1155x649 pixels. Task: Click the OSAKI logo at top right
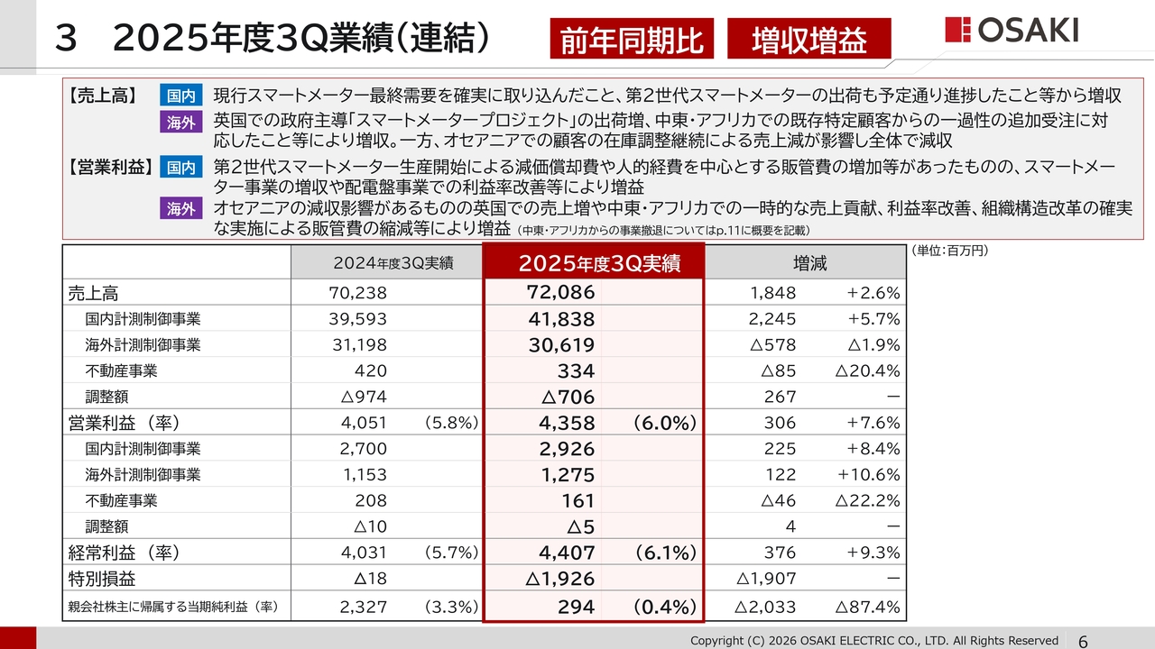[x=1012, y=30]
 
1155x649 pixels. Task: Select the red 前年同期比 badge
[x=632, y=40]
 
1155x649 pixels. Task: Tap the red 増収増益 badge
[x=808, y=40]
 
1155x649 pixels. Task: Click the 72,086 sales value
[x=561, y=292]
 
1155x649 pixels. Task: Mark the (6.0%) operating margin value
[x=662, y=423]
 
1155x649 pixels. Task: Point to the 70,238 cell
[x=358, y=292]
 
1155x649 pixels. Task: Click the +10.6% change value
[x=869, y=475]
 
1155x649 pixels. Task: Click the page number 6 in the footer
[x=1082, y=641]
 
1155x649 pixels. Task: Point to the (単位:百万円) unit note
[x=948, y=251]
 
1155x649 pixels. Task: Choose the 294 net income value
[x=576, y=607]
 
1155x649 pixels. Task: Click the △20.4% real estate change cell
[x=868, y=370]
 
